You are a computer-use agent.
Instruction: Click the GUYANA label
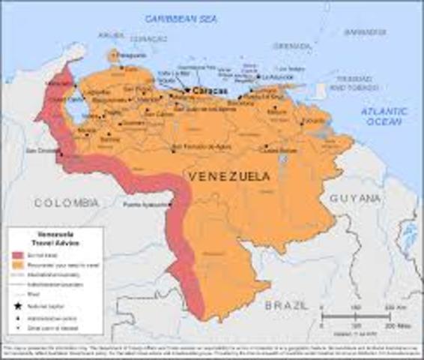pyautogui.click(x=354, y=199)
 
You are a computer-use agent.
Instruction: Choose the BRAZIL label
pyautogui.click(x=286, y=306)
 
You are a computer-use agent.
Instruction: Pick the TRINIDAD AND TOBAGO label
pyautogui.click(x=351, y=83)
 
